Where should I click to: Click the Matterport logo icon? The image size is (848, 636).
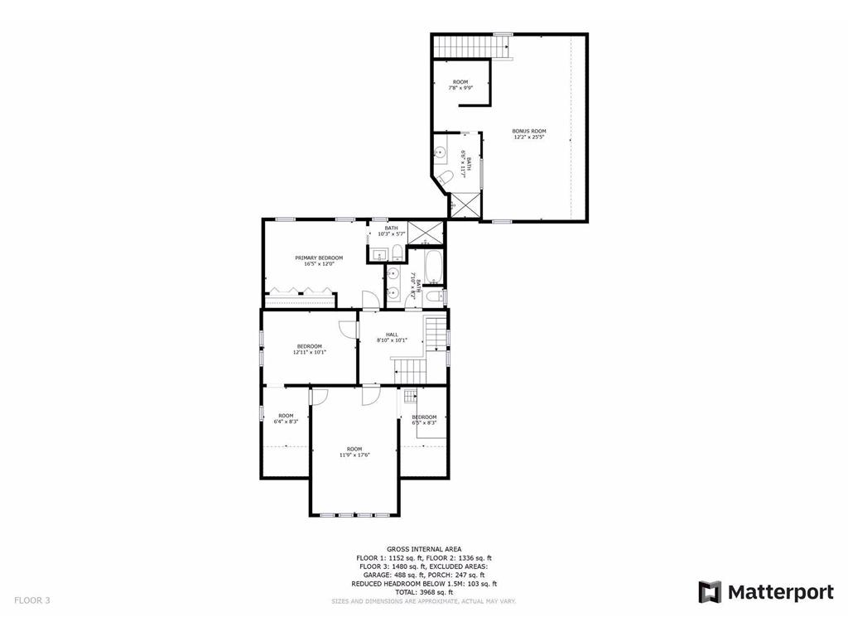tap(710, 592)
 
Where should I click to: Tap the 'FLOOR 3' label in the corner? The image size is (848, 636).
tap(32, 600)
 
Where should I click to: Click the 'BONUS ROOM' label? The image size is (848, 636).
tap(529, 131)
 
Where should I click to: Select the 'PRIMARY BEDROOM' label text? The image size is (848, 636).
tap(319, 258)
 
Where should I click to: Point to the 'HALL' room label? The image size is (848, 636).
tap(392, 335)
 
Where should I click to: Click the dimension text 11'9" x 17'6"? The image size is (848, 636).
tap(354, 455)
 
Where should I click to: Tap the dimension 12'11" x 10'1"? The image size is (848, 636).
tap(309, 352)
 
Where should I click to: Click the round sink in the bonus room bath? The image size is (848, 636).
tap(441, 152)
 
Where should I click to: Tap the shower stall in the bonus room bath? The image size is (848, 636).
tap(464, 205)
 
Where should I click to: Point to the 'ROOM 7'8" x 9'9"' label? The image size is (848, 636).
tap(460, 84)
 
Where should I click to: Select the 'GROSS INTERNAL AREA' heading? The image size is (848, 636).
tap(423, 549)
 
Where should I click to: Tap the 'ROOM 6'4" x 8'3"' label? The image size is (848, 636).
tap(286, 418)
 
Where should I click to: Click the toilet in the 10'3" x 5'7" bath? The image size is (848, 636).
tap(397, 253)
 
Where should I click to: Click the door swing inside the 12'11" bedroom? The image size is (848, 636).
tap(351, 329)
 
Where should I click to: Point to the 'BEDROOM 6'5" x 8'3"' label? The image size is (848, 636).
tap(424, 419)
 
